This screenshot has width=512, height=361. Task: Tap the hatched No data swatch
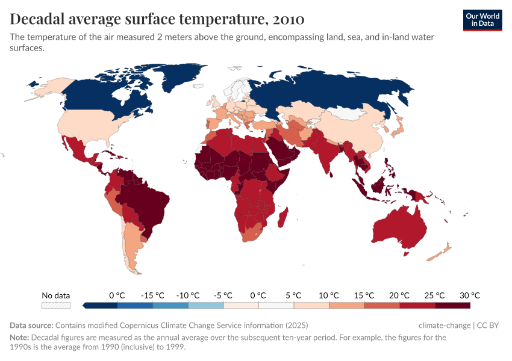click(56, 306)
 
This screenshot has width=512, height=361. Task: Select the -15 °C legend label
click(152, 295)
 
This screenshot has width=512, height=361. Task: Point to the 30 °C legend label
click(469, 295)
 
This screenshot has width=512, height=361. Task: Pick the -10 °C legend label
click(187, 295)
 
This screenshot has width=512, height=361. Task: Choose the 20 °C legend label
click(399, 295)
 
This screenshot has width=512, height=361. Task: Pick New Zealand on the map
click(439, 253)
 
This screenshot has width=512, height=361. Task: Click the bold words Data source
click(31, 326)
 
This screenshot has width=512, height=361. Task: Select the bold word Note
click(20, 338)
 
